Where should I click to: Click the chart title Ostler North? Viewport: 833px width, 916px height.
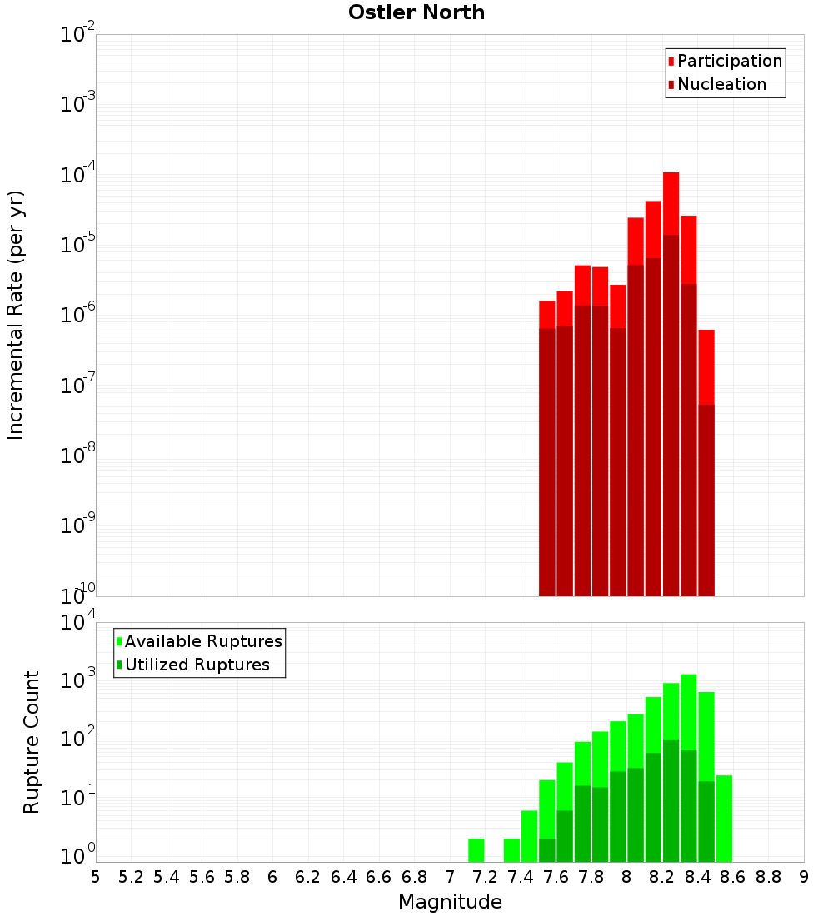(x=416, y=12)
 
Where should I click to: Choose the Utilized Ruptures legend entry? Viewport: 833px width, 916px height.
(x=197, y=665)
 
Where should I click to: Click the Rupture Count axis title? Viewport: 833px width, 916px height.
(x=32, y=741)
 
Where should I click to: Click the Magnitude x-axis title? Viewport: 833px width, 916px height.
(x=450, y=902)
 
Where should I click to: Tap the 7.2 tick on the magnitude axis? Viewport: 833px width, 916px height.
(x=485, y=877)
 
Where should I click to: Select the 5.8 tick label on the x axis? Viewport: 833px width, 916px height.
(x=237, y=877)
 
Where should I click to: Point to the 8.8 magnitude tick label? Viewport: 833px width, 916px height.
(x=768, y=877)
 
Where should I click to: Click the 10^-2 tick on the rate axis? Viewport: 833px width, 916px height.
(x=78, y=35)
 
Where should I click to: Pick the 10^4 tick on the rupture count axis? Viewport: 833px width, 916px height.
(x=78, y=623)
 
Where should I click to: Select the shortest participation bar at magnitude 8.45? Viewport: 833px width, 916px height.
(x=706, y=366)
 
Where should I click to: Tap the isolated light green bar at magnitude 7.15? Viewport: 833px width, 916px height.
(x=476, y=850)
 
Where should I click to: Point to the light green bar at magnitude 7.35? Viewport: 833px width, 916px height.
(x=511, y=850)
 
